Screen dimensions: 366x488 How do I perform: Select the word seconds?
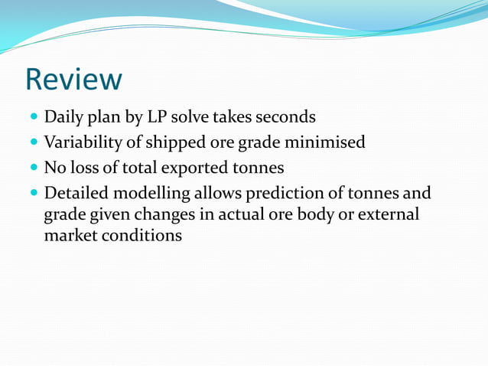pyautogui.click(x=285, y=118)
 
